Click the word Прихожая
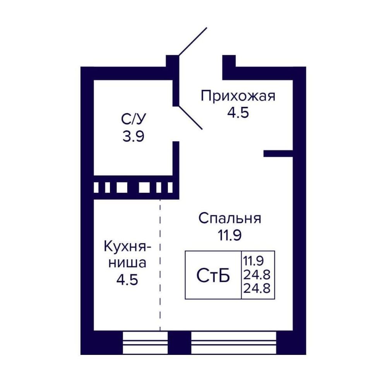pos(238,96)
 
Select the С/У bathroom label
pos(134,119)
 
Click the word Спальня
pos(230,218)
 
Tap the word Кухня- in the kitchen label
pos(127,246)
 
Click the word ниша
pos(127,263)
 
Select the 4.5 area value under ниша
pos(127,280)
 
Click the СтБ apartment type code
pos(213,276)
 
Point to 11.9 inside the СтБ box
pos(254,260)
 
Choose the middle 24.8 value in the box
pos(257,274)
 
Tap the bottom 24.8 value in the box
pos(257,288)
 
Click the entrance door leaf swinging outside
pos(193,41)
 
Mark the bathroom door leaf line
pos(190,118)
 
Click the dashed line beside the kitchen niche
pos(160,265)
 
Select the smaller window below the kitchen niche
pos(145,342)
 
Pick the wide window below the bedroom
pos(233,342)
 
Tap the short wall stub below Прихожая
pos(278,154)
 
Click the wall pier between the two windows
pos(180,342)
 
